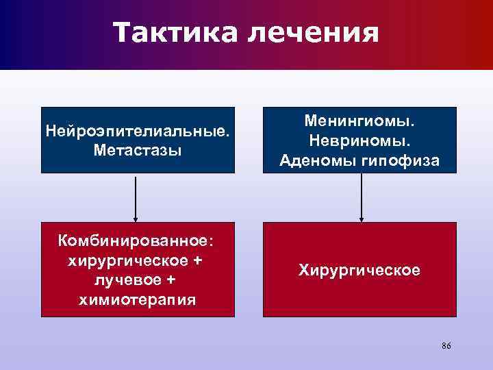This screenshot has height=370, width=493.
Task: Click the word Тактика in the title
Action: tap(171, 33)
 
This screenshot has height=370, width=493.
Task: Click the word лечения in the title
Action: tap(307, 33)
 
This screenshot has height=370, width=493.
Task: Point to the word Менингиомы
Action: tap(359, 121)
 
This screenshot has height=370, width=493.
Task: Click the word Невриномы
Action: tap(359, 140)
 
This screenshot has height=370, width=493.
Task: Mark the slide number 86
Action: tap(446, 346)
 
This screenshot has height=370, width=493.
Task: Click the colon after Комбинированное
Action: tap(211, 243)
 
